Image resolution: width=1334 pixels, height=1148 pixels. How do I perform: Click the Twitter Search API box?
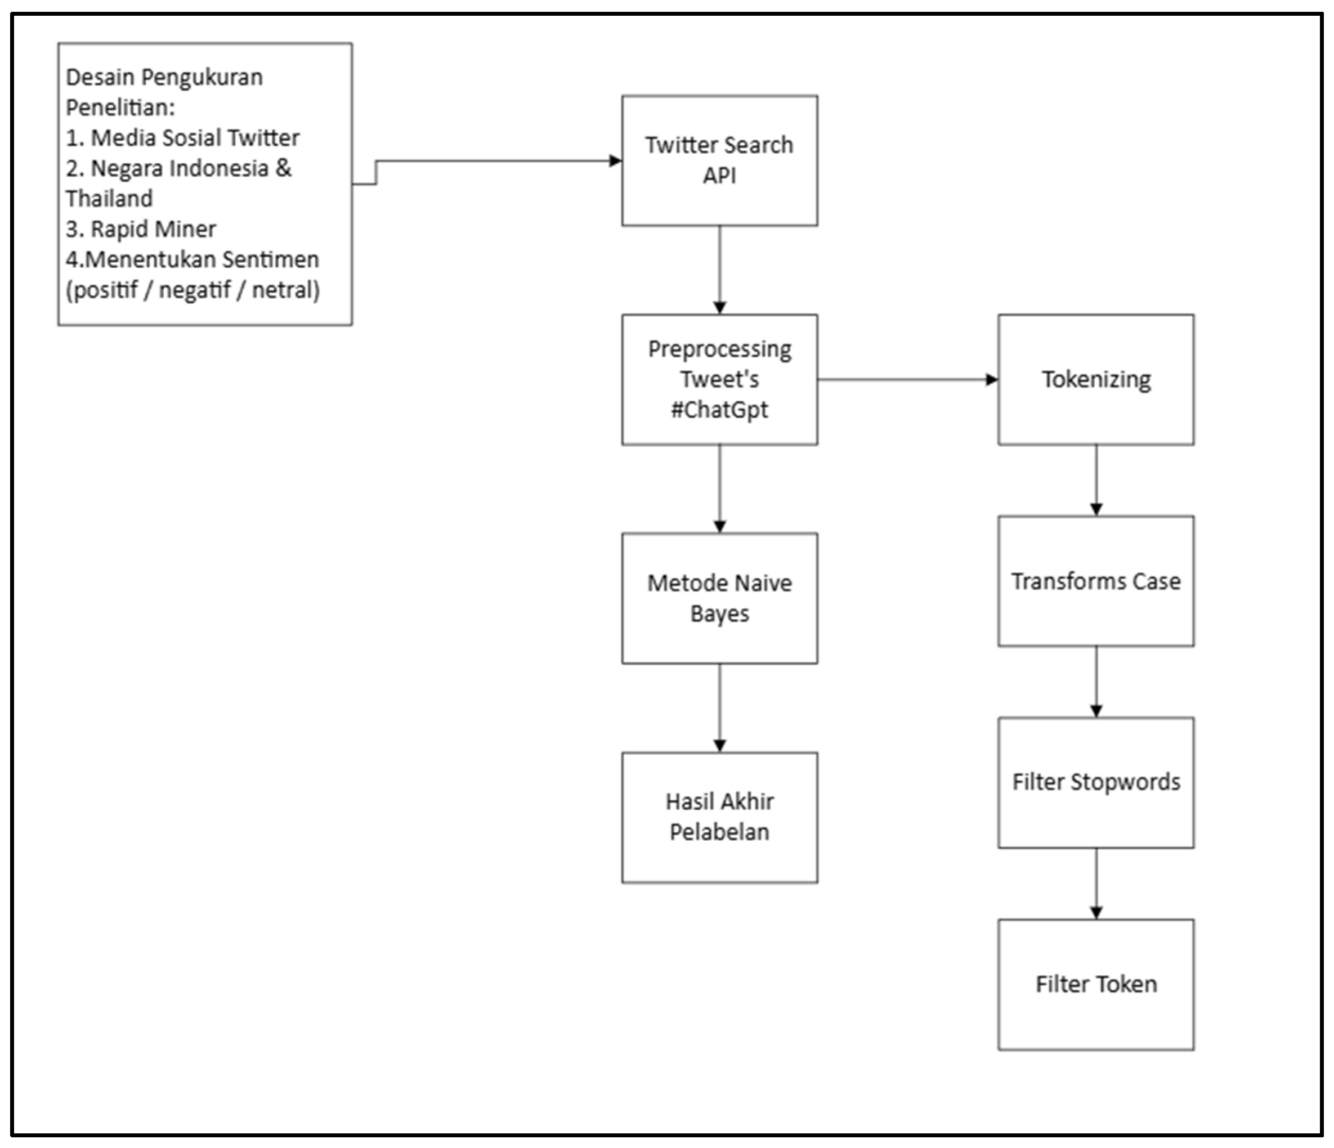pyautogui.click(x=719, y=160)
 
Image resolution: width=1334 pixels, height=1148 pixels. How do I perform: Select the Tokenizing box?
pyautogui.click(x=1096, y=379)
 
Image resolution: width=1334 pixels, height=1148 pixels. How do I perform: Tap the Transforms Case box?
pyautogui.click(x=1096, y=581)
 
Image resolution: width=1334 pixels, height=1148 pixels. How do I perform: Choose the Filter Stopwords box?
pyautogui.click(x=1096, y=782)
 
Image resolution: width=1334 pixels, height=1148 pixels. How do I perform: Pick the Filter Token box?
pyautogui.click(x=1096, y=984)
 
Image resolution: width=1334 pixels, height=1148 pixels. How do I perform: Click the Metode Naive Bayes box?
pyautogui.click(x=719, y=598)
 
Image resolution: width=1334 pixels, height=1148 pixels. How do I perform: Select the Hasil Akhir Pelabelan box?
pyautogui.click(x=719, y=817)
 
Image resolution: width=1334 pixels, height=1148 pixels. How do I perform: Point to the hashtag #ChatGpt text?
pyautogui.click(x=719, y=410)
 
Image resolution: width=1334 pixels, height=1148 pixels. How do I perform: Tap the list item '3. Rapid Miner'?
pyautogui.click(x=141, y=229)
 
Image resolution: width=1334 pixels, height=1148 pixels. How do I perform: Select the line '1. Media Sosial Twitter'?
pyautogui.click(x=182, y=138)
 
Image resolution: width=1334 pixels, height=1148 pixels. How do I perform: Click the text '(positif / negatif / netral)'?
pyautogui.click(x=193, y=290)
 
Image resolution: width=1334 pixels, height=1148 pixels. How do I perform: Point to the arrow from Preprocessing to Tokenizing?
pyautogui.click(x=908, y=380)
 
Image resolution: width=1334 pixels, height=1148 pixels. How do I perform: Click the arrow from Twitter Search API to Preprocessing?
pyautogui.click(x=720, y=270)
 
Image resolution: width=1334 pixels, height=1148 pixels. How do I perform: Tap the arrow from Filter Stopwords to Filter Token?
pyautogui.click(x=1096, y=884)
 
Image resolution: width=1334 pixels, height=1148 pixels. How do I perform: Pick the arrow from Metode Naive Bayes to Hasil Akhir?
pyautogui.click(x=720, y=707)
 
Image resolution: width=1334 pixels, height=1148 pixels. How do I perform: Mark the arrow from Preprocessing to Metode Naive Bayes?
pyautogui.click(x=720, y=488)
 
